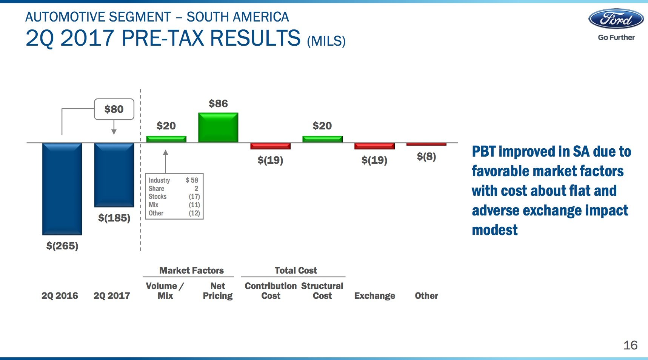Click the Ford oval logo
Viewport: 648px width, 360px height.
(616, 19)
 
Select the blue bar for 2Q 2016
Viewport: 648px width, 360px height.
(62, 189)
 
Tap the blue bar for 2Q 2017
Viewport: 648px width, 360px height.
(114, 175)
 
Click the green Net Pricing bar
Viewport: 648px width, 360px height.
(218, 128)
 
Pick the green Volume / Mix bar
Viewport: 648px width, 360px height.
(166, 139)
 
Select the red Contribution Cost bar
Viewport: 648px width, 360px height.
(270, 146)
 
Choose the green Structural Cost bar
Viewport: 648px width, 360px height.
(322, 139)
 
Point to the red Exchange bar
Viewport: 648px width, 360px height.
(374, 146)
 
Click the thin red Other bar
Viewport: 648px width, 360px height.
(426, 144)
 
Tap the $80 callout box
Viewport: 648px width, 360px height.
(114, 109)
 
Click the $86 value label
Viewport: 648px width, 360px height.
(218, 103)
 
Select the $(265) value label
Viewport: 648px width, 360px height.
(62, 246)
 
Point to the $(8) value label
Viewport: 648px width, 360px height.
(426, 156)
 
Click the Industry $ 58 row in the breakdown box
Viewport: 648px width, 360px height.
(174, 180)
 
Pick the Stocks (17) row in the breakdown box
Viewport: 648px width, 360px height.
(174, 197)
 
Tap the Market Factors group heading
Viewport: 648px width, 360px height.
(191, 270)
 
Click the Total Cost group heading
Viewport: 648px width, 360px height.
(296, 270)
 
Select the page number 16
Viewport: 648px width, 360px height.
(630, 345)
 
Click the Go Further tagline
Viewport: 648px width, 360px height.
(616, 37)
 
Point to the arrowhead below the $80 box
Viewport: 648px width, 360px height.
(114, 132)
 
